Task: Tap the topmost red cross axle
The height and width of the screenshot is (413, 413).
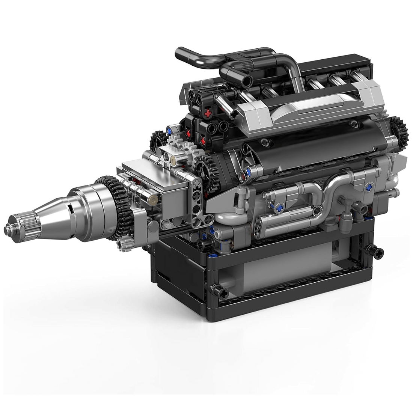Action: (x=207, y=113)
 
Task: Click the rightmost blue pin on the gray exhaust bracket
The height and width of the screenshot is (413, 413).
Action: (x=369, y=187)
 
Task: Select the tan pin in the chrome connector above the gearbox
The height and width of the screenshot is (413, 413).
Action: (x=173, y=161)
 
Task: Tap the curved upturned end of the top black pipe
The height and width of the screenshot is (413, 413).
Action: (x=182, y=54)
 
